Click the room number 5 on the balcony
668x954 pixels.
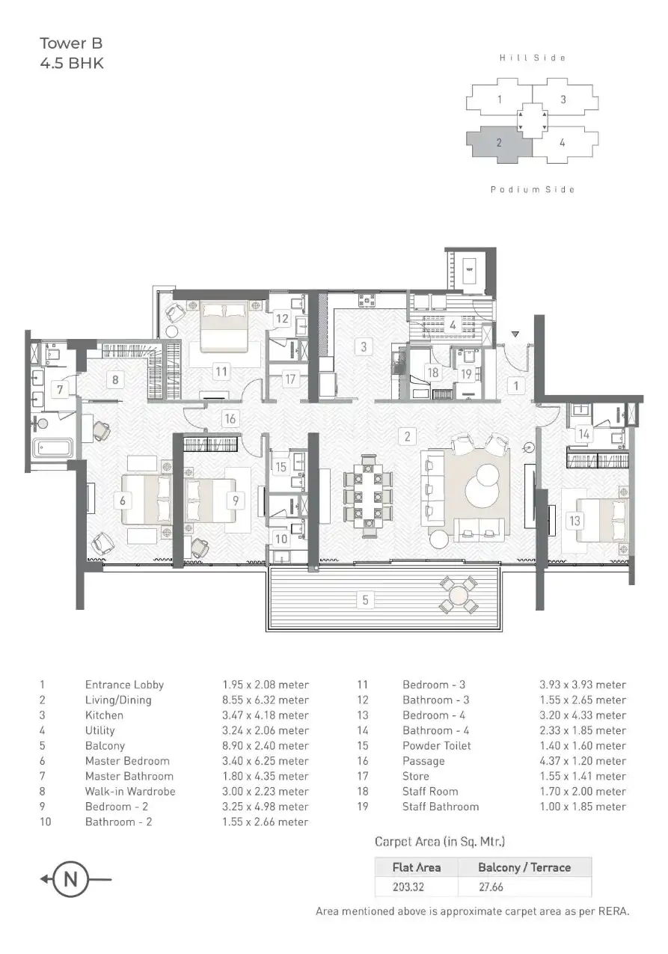pyautogui.click(x=365, y=599)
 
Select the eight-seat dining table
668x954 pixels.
pyautogui.click(x=367, y=496)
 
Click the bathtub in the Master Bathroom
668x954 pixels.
pyautogui.click(x=53, y=450)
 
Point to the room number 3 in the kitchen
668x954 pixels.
pyautogui.click(x=364, y=346)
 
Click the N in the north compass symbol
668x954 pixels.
pyautogui.click(x=70, y=879)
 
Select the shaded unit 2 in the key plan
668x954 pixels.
pyautogui.click(x=499, y=143)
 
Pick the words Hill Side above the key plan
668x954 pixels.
pyautogui.click(x=533, y=58)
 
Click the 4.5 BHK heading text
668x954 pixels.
pyautogui.click(x=72, y=64)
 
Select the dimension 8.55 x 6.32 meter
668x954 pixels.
pyautogui.click(x=265, y=700)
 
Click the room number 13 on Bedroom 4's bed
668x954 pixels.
pyautogui.click(x=574, y=522)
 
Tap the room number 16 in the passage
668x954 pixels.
pyautogui.click(x=230, y=419)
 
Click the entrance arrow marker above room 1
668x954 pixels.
pyautogui.click(x=515, y=334)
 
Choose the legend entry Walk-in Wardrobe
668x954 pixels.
pyautogui.click(x=130, y=791)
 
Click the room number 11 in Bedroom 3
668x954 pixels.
pyautogui.click(x=220, y=370)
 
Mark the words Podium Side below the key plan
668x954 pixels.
pyautogui.click(x=533, y=190)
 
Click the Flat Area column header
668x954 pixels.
pyautogui.click(x=417, y=867)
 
